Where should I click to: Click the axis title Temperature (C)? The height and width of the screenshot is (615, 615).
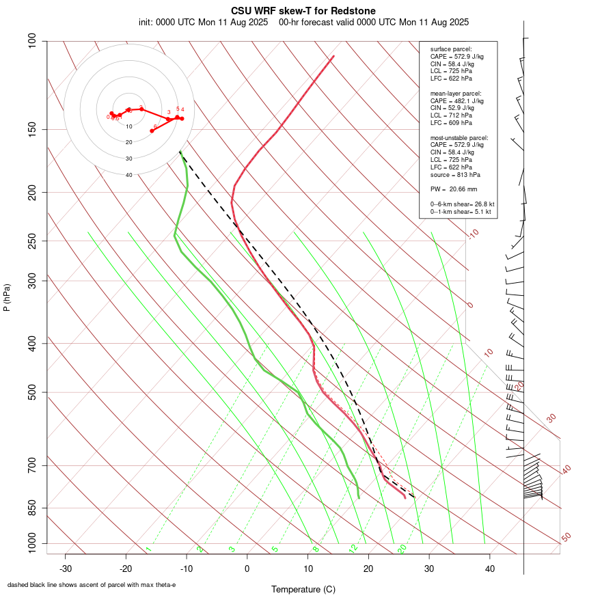click(x=303, y=589)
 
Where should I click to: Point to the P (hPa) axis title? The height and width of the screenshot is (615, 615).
click(x=7, y=297)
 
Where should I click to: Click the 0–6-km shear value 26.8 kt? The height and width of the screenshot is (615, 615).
click(x=481, y=204)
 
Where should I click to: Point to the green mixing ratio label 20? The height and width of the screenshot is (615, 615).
click(x=402, y=549)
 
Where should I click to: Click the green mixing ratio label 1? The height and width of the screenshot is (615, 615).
click(x=148, y=549)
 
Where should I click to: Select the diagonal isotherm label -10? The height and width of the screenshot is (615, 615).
click(x=473, y=234)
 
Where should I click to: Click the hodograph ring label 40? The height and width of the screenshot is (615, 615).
click(x=128, y=175)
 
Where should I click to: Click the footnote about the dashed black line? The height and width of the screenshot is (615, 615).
click(x=92, y=585)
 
